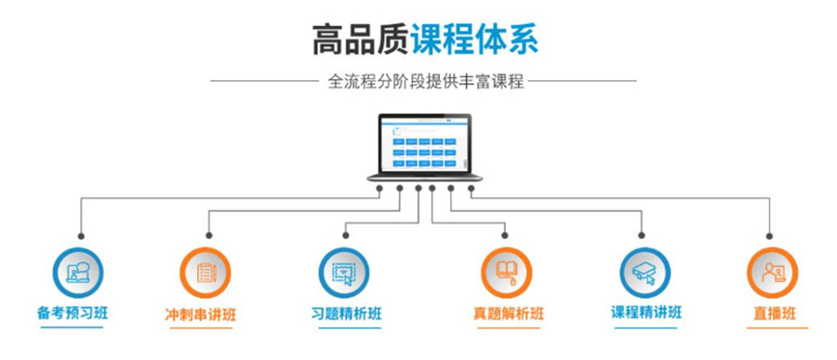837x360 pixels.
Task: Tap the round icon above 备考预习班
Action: (x=78, y=273)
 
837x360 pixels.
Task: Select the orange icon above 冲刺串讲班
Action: (x=206, y=273)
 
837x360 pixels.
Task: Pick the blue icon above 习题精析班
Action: (x=345, y=273)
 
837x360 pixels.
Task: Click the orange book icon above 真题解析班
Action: (x=507, y=273)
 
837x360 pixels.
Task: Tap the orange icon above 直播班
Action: (x=773, y=273)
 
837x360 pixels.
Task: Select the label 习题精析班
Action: (x=345, y=313)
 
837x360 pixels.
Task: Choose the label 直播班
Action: (x=775, y=313)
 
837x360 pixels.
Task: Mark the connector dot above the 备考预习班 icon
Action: (x=82, y=237)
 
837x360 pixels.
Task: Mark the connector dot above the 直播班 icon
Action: (x=771, y=237)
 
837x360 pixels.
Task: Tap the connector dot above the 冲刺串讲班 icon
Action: (x=208, y=237)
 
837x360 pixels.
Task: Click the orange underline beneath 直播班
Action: (x=775, y=327)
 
